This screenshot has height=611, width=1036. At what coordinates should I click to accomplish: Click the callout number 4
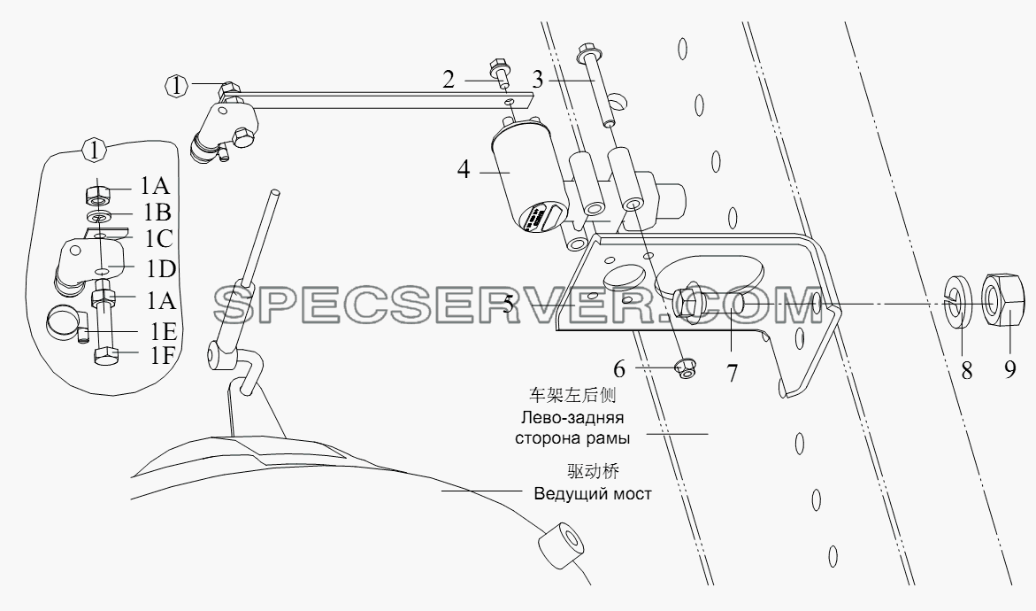click(x=464, y=170)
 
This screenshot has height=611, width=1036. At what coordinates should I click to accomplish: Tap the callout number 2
click(x=449, y=80)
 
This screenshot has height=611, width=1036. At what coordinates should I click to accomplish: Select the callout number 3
click(x=537, y=80)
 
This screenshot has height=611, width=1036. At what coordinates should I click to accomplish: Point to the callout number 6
click(x=618, y=367)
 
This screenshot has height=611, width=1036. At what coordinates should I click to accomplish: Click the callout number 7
click(x=732, y=373)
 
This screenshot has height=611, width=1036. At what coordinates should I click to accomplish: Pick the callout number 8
click(x=967, y=371)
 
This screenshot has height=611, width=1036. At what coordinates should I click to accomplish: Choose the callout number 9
click(x=1010, y=369)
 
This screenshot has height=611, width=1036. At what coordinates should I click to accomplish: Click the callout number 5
click(x=508, y=305)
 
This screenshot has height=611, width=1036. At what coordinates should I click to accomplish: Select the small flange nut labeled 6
click(x=684, y=369)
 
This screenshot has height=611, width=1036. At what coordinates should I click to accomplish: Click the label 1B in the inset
click(x=156, y=213)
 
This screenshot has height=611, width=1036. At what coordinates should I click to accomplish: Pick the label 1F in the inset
click(x=160, y=356)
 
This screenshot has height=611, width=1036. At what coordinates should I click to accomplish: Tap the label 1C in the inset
click(x=158, y=239)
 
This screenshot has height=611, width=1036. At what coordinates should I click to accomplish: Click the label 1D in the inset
click(x=161, y=268)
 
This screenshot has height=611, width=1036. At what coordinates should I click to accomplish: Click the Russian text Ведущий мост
click(x=593, y=494)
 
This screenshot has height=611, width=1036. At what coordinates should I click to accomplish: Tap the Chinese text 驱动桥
click(x=593, y=471)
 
